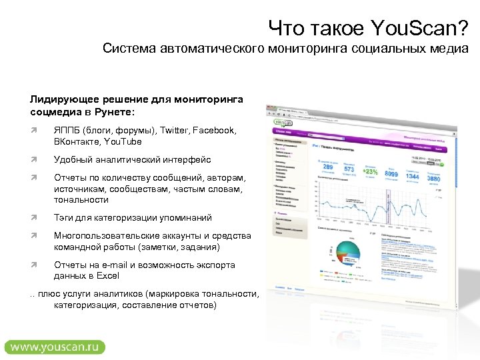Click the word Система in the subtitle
127,49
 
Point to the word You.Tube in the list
122,141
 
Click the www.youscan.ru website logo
55,347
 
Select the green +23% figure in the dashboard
370,171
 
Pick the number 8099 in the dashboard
391,174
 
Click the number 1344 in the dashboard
411,175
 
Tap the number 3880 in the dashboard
433,179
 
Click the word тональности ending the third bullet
81,200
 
